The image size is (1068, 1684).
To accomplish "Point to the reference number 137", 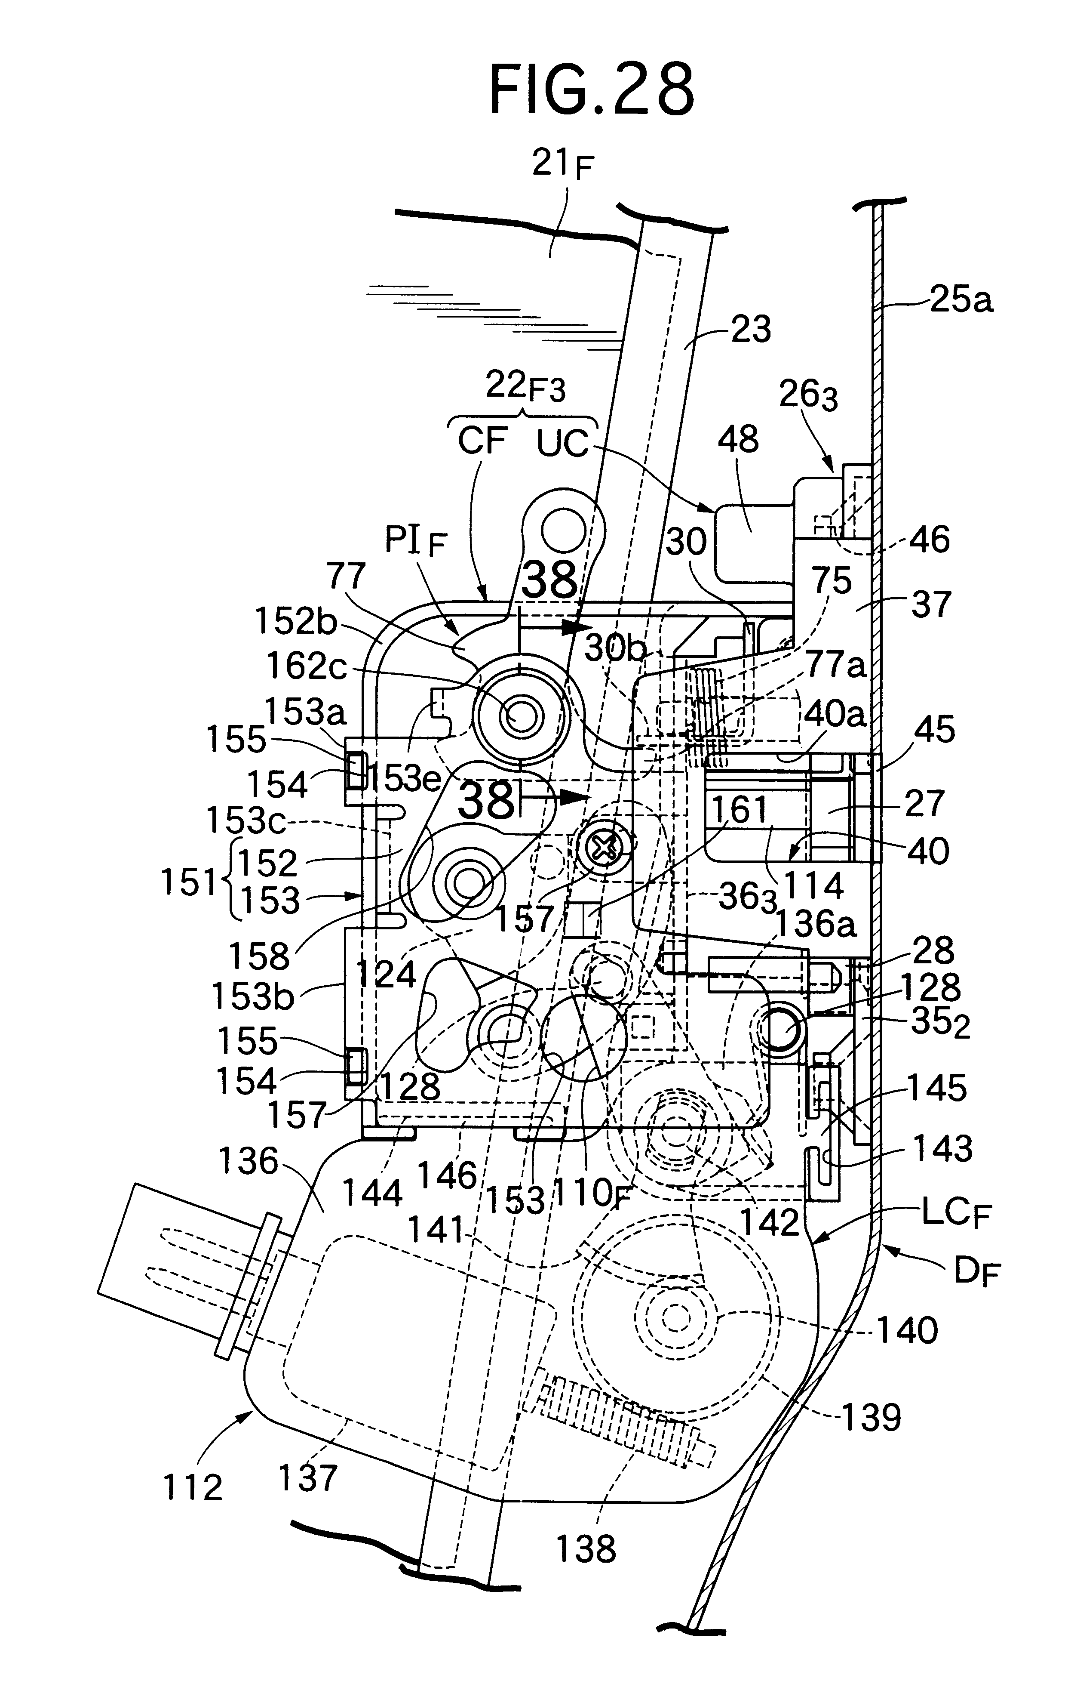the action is [308, 1478].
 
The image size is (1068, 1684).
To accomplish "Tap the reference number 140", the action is [907, 1329].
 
